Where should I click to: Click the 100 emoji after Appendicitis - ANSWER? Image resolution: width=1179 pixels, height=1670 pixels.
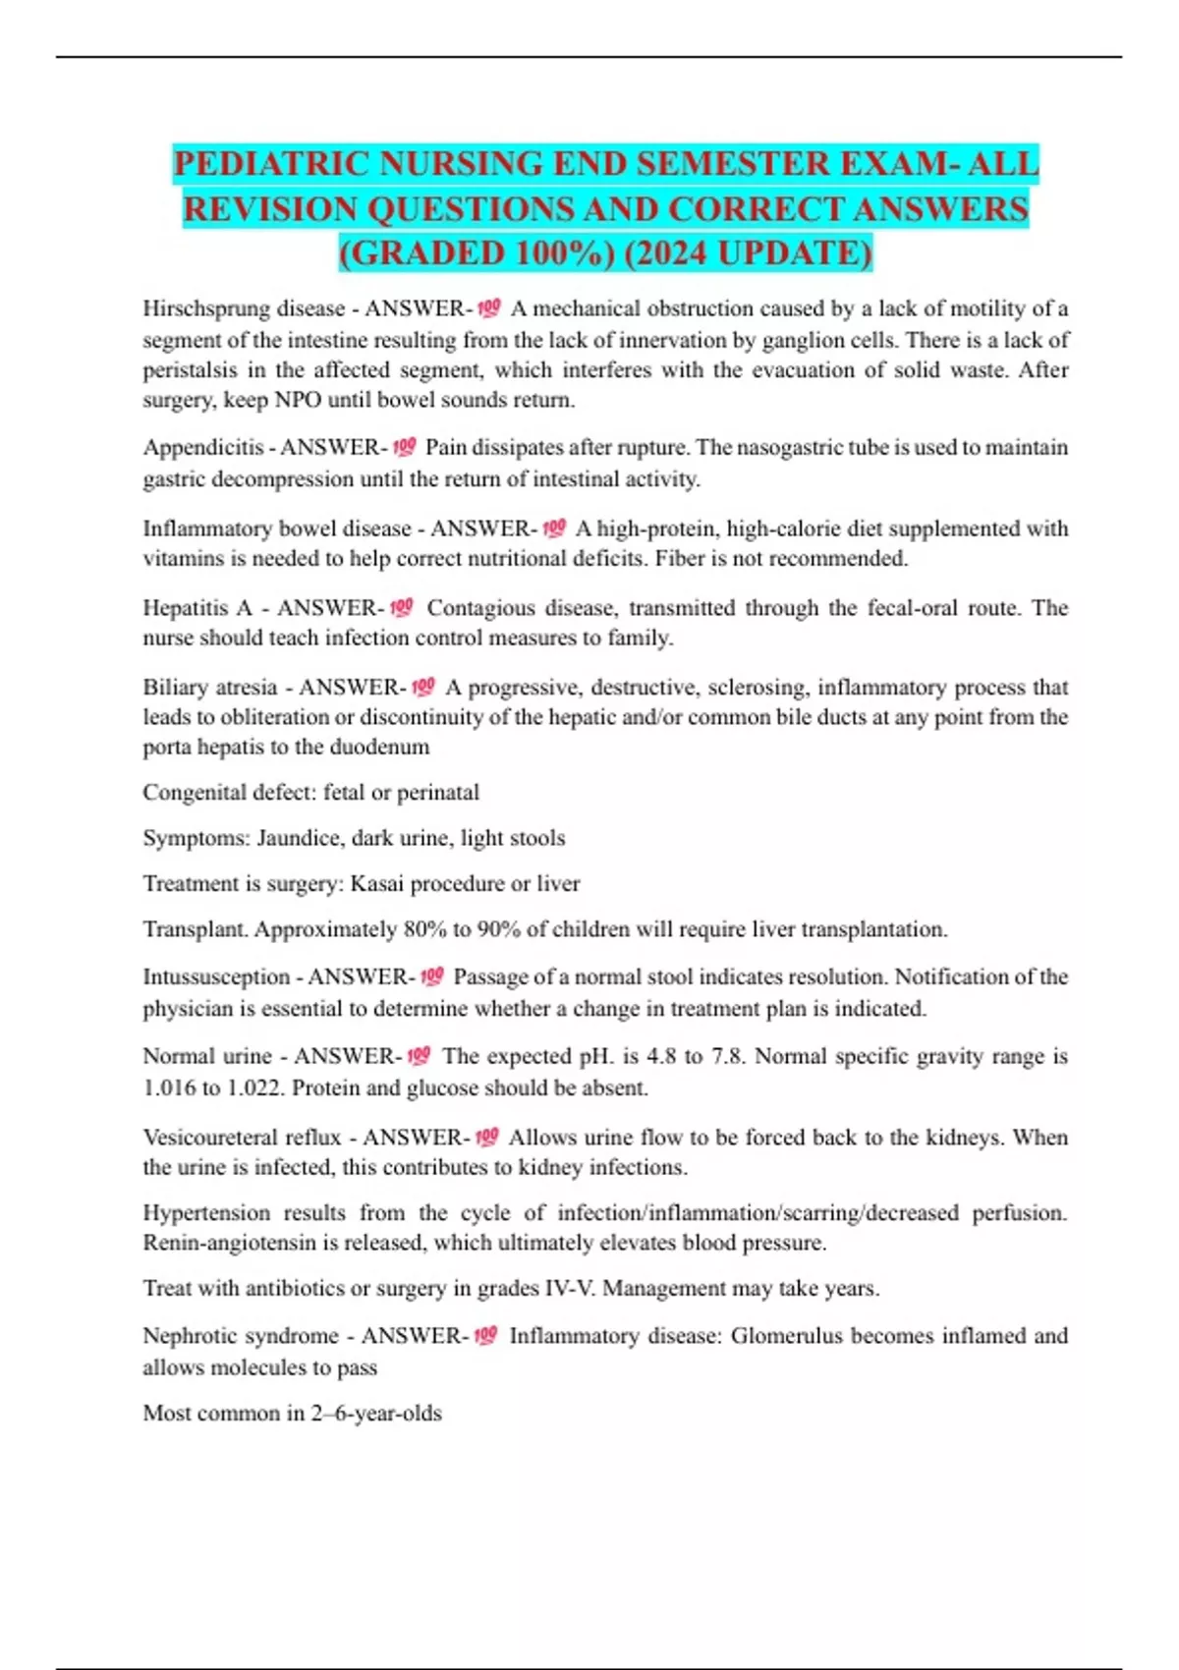coord(404,448)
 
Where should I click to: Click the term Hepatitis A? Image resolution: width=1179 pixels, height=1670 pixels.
coord(196,608)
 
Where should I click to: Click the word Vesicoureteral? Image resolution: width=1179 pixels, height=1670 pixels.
coord(209,1138)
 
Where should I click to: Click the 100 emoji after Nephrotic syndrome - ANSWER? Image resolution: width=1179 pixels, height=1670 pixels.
coord(485,1336)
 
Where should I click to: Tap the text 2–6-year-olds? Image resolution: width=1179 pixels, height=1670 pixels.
coord(376,1414)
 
